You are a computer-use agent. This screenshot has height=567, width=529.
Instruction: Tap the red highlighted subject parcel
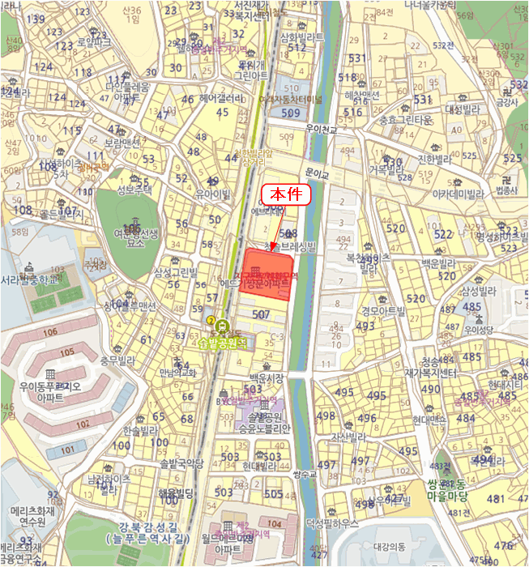270,276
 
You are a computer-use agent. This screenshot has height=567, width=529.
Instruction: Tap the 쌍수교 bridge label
303,473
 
